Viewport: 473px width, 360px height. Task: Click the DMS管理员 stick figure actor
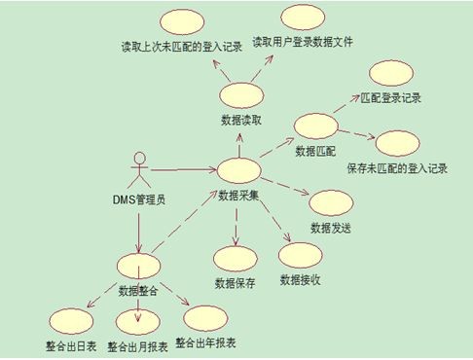[x=138, y=171]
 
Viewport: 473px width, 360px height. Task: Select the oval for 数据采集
[x=238, y=172]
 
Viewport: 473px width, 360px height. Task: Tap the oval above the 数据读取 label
[x=238, y=95]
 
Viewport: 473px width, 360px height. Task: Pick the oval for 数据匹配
[x=315, y=127]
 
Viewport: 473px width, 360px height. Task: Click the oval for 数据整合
[x=138, y=266]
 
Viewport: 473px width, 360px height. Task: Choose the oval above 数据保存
[x=235, y=259]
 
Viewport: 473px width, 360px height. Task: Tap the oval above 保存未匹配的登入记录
[x=397, y=142]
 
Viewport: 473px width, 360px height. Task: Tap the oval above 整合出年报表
[x=203, y=321]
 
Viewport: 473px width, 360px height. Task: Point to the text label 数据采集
[x=238, y=195]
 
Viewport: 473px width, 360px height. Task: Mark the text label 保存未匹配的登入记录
[x=396, y=167]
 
